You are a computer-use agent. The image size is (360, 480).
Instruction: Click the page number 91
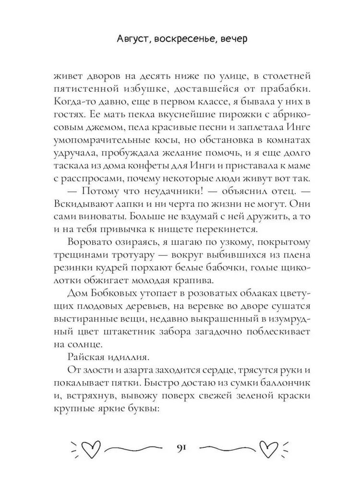pos(180,448)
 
